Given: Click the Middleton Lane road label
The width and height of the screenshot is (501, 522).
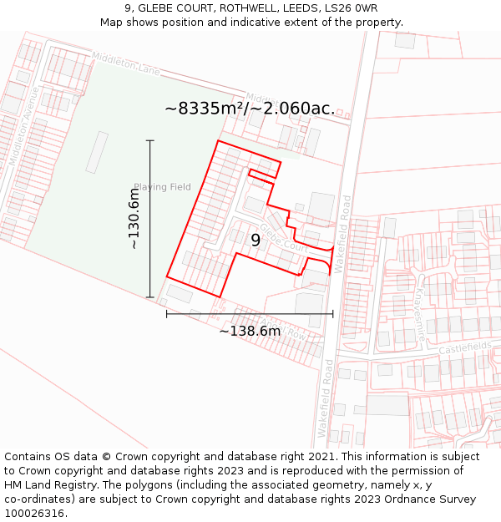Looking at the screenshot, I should pos(126,64).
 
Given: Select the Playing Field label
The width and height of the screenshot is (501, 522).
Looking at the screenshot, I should pos(162,187).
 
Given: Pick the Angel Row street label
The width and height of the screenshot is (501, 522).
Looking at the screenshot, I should pos(285,328).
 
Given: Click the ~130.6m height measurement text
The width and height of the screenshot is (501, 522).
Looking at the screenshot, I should pos(134,219).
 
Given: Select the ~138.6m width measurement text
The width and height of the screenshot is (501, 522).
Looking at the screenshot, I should pos(250,332).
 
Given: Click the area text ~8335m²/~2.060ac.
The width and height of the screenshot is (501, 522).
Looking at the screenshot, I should pos(250,109).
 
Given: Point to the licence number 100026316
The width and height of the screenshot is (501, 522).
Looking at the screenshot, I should pos(35,514).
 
